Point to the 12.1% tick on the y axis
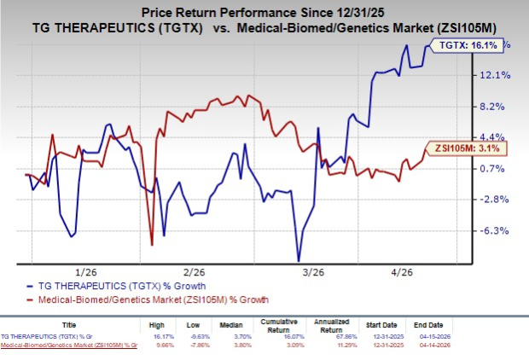496,75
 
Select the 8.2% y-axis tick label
496,107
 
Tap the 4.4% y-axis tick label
496,137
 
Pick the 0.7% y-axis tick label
496,169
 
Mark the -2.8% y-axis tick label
496,200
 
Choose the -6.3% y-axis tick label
496,230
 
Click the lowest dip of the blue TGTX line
299,260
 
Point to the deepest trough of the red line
152,245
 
